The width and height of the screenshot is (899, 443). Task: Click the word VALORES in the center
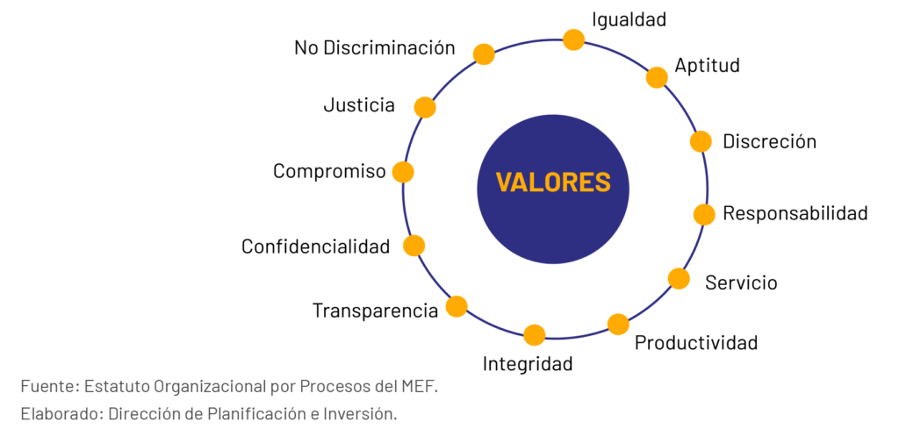pos(552,182)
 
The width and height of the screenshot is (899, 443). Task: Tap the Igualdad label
pos(629,18)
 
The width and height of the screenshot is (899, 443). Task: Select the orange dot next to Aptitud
pos(657,77)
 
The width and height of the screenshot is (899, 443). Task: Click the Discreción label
pos(769,141)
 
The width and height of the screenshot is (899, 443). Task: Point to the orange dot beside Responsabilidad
pos(704,214)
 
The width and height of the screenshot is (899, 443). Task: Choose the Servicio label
pos(741,282)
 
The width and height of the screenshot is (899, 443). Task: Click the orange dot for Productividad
pos(618,324)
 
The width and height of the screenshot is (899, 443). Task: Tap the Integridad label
pos(528,363)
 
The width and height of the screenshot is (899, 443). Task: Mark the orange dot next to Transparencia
pos(457,306)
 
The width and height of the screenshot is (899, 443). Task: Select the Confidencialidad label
pos(315,247)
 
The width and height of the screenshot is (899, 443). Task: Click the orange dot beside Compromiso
pos(403,172)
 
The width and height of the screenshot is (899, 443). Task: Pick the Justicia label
pos(359,106)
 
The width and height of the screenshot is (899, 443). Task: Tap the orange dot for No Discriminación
pos(484,54)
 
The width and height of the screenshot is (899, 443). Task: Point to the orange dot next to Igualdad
pos(573,39)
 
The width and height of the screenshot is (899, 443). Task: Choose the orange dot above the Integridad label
pos(534,334)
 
